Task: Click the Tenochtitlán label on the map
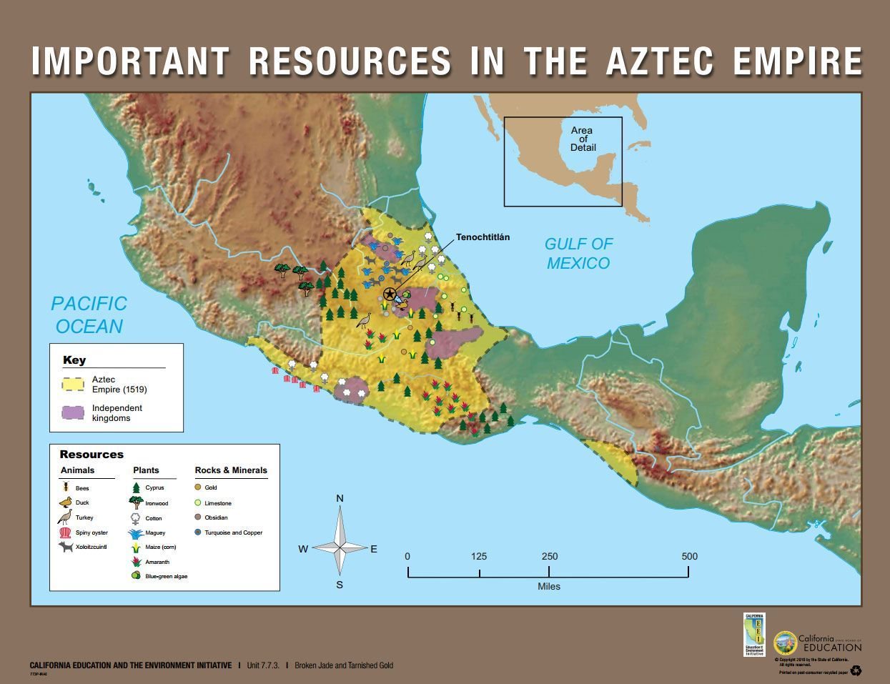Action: [483, 237]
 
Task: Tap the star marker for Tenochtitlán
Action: [390, 294]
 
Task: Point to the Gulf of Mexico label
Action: [578, 254]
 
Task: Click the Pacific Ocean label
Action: [89, 315]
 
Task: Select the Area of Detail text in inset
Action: [583, 139]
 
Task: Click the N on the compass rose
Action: [340, 498]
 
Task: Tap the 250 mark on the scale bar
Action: [549, 557]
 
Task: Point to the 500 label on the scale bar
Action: [689, 557]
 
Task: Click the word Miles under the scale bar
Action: [549, 587]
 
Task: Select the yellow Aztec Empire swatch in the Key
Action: [74, 385]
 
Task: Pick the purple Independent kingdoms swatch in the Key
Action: [74, 413]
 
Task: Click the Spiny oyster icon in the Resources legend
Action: [65, 532]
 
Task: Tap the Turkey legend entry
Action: [84, 517]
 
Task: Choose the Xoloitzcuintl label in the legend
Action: [91, 547]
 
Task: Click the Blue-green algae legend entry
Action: [166, 576]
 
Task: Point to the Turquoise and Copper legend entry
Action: [233, 532]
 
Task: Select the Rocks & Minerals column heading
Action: [231, 470]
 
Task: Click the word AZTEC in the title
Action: [659, 61]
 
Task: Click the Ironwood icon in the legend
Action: [136, 502]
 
